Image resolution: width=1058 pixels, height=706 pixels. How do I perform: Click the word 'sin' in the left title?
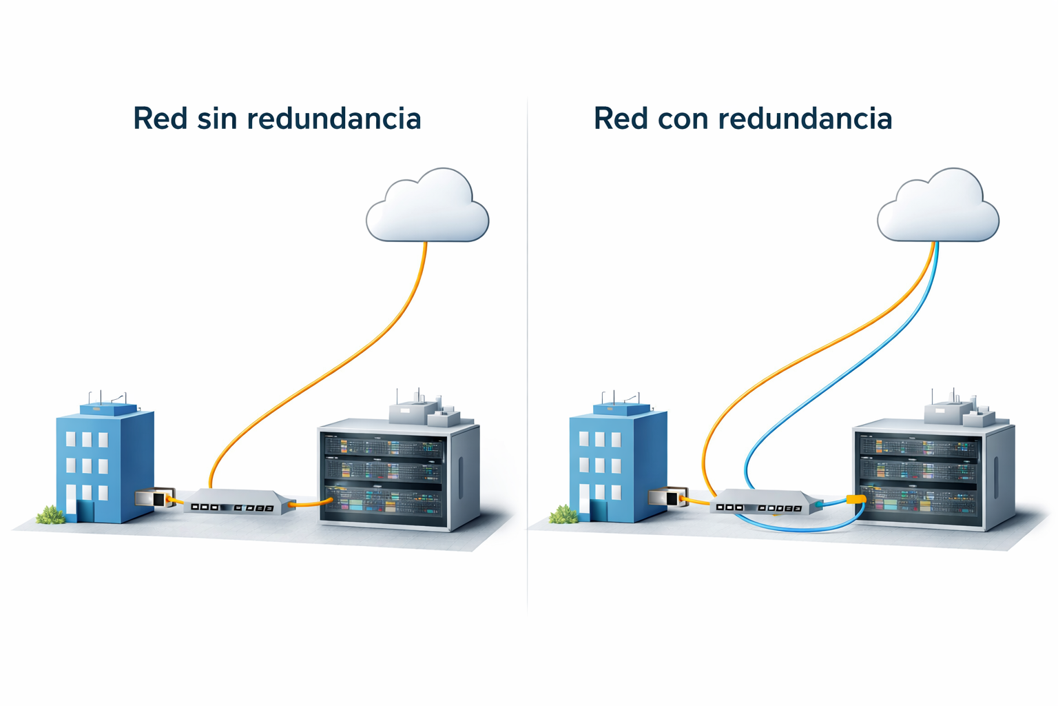[218, 119]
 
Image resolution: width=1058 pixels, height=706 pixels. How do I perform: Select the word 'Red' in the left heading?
[160, 119]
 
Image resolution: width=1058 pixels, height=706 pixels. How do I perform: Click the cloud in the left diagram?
[427, 207]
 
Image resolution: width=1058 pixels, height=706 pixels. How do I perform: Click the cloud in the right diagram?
[938, 207]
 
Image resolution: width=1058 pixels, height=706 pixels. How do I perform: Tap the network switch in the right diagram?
[765, 501]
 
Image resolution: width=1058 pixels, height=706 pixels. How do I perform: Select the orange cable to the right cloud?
[813, 352]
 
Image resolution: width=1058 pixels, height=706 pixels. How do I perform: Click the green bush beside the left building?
[50, 514]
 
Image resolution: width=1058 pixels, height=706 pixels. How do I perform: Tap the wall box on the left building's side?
[151, 498]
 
